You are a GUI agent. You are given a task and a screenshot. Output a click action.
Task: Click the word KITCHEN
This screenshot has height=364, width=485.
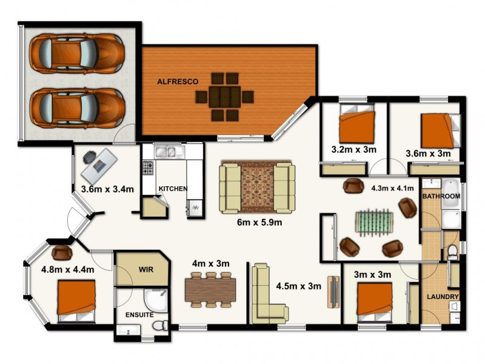click(173, 189)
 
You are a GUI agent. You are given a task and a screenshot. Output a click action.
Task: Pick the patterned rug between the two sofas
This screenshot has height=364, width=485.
click(257, 186)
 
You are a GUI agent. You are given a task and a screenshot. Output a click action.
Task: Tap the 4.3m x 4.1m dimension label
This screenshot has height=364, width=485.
click(392, 189)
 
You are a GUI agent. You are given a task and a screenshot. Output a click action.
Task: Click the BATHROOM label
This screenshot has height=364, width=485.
click(441, 197)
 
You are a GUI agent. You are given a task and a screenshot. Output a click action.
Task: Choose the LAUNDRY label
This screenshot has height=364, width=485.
click(443, 297)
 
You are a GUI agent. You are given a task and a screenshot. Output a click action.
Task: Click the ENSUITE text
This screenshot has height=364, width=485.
click(139, 315)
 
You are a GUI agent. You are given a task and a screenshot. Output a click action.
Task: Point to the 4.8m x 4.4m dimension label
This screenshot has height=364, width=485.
click(67, 270)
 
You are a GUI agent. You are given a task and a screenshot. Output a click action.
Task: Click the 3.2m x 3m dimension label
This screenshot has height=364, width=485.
click(354, 149)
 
